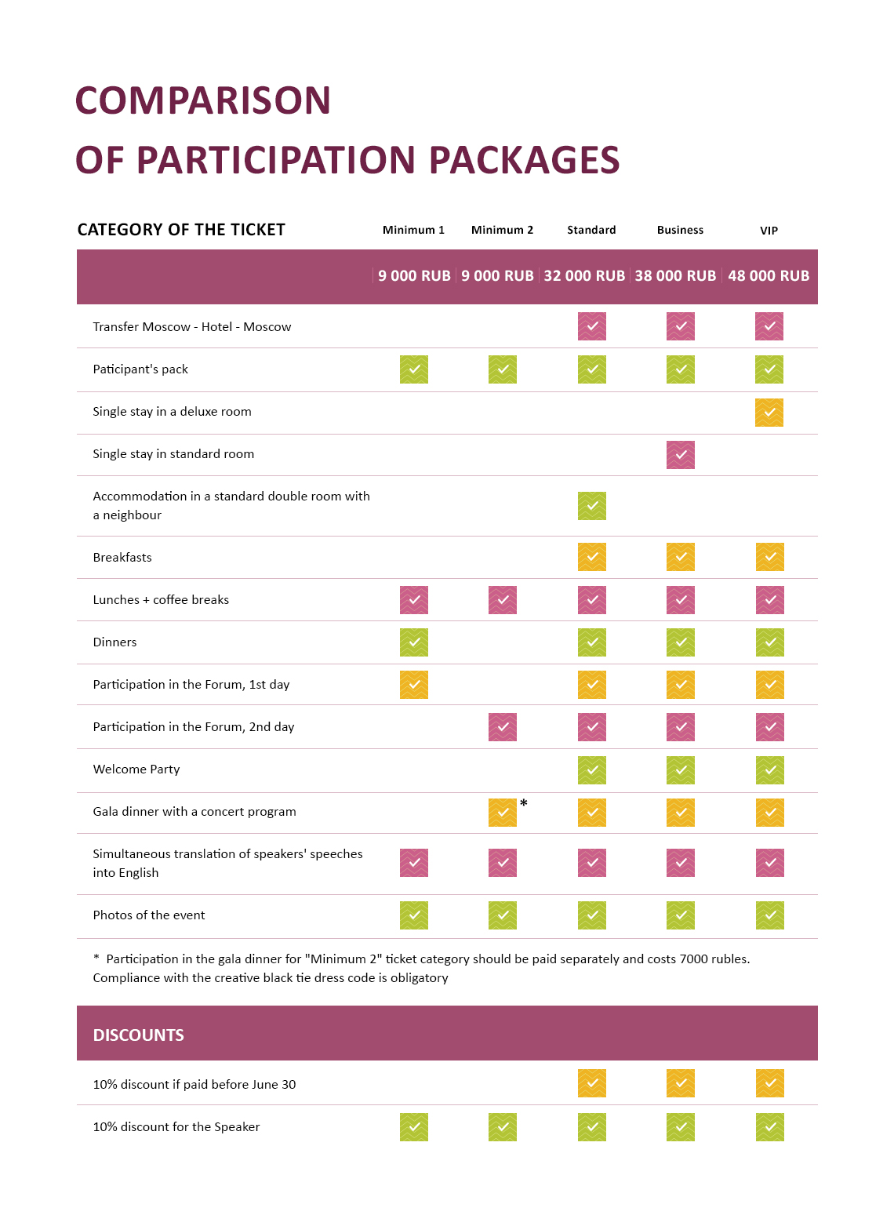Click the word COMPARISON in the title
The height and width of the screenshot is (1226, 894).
pyautogui.click(x=202, y=100)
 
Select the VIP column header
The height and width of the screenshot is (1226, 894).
pyautogui.click(x=769, y=231)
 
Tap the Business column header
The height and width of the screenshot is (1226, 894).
pyautogui.click(x=680, y=230)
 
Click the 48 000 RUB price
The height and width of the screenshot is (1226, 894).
pyautogui.click(x=769, y=276)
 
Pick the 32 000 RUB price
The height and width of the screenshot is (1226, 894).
pyautogui.click(x=584, y=276)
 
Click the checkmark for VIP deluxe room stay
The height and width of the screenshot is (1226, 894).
pyautogui.click(x=769, y=412)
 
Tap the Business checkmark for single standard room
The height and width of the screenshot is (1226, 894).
pyautogui.click(x=680, y=455)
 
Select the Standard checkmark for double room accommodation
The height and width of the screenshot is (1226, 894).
pyautogui.click(x=591, y=506)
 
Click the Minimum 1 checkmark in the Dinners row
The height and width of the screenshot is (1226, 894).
pyautogui.click(x=413, y=642)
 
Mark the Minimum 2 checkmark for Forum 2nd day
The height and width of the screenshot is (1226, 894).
pyautogui.click(x=502, y=727)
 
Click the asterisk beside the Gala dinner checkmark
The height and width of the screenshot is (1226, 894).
pyautogui.click(x=524, y=803)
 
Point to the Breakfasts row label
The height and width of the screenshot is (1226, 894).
pyautogui.click(x=122, y=557)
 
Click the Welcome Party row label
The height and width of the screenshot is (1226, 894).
pyautogui.click(x=136, y=769)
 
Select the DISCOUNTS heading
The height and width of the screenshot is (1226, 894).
pyautogui.click(x=139, y=1035)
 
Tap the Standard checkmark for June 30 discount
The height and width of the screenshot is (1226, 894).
pyautogui.click(x=591, y=1083)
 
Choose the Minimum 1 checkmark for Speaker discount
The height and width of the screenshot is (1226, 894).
pyautogui.click(x=413, y=1127)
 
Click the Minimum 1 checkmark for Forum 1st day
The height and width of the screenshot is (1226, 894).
pyautogui.click(x=413, y=685)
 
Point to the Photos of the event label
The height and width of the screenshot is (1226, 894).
pyautogui.click(x=149, y=915)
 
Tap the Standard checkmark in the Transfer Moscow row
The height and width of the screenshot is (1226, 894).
pyautogui.click(x=591, y=326)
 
